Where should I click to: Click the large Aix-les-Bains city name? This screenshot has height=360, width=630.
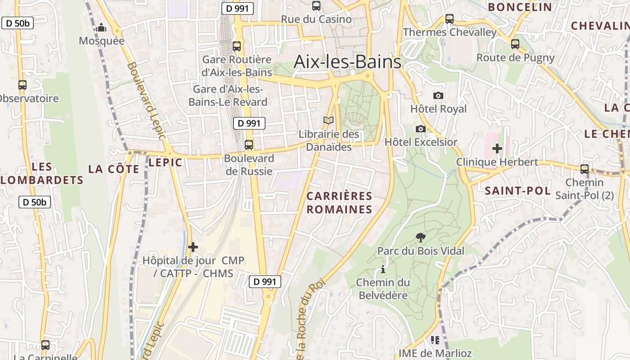(347, 62)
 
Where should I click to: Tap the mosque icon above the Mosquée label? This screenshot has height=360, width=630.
(102, 28)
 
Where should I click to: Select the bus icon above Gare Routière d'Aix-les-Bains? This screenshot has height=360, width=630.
(237, 46)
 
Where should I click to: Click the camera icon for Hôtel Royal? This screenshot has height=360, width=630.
(438, 95)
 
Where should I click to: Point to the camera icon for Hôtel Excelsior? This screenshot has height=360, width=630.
(420, 129)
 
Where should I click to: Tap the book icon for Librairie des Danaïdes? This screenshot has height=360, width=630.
(329, 121)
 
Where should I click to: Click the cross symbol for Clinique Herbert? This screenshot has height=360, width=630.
(497, 148)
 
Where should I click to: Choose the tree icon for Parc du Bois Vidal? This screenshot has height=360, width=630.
(421, 237)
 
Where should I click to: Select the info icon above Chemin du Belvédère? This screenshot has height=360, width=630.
(383, 269)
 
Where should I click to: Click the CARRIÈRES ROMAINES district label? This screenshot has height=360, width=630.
(340, 202)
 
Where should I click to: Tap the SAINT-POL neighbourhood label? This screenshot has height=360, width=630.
(517, 190)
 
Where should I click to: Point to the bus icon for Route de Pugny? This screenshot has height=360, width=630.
(515, 44)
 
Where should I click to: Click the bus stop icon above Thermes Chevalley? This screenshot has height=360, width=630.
(450, 19)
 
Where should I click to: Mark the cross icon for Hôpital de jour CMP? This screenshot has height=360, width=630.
(193, 247)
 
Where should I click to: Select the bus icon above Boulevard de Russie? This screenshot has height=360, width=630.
(248, 145)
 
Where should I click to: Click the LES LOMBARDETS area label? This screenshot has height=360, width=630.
(42, 174)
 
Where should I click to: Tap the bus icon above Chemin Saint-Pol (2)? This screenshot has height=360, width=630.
(585, 169)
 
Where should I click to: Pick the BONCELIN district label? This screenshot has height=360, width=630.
(520, 7)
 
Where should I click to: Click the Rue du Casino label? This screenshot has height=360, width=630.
(316, 19)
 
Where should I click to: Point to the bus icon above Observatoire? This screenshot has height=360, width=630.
(22, 85)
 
